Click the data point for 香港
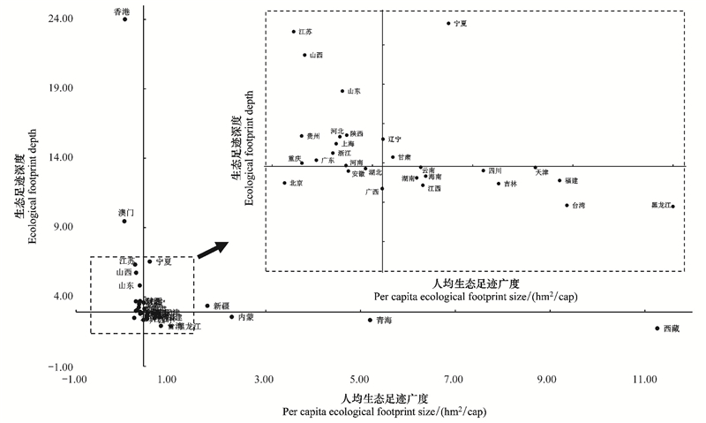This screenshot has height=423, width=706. coord(124,19)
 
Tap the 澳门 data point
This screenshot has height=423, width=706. coord(124,221)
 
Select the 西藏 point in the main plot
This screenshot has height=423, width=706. coord(657,329)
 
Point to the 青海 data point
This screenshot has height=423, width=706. coord(371,320)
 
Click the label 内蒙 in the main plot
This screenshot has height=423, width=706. coord(246,317)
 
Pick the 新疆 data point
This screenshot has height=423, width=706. coord(207,306)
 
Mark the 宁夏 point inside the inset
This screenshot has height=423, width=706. coord(448,24)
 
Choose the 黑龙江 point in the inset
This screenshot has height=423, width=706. coord(672,207)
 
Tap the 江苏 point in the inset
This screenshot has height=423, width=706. coord(294,32)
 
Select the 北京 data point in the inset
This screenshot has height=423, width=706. coord(284,183)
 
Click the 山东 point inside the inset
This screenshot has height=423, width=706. coord(342,91)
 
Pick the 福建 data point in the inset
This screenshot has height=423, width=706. coord(560,180)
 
